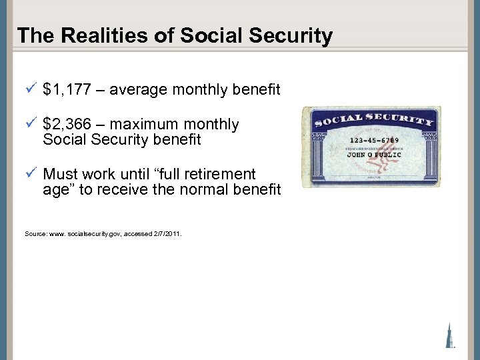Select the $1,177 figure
click(66, 89)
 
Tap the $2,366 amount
click(66, 125)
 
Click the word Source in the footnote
click(34, 234)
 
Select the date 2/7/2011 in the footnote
click(167, 234)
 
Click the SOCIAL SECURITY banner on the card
click(373, 121)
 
